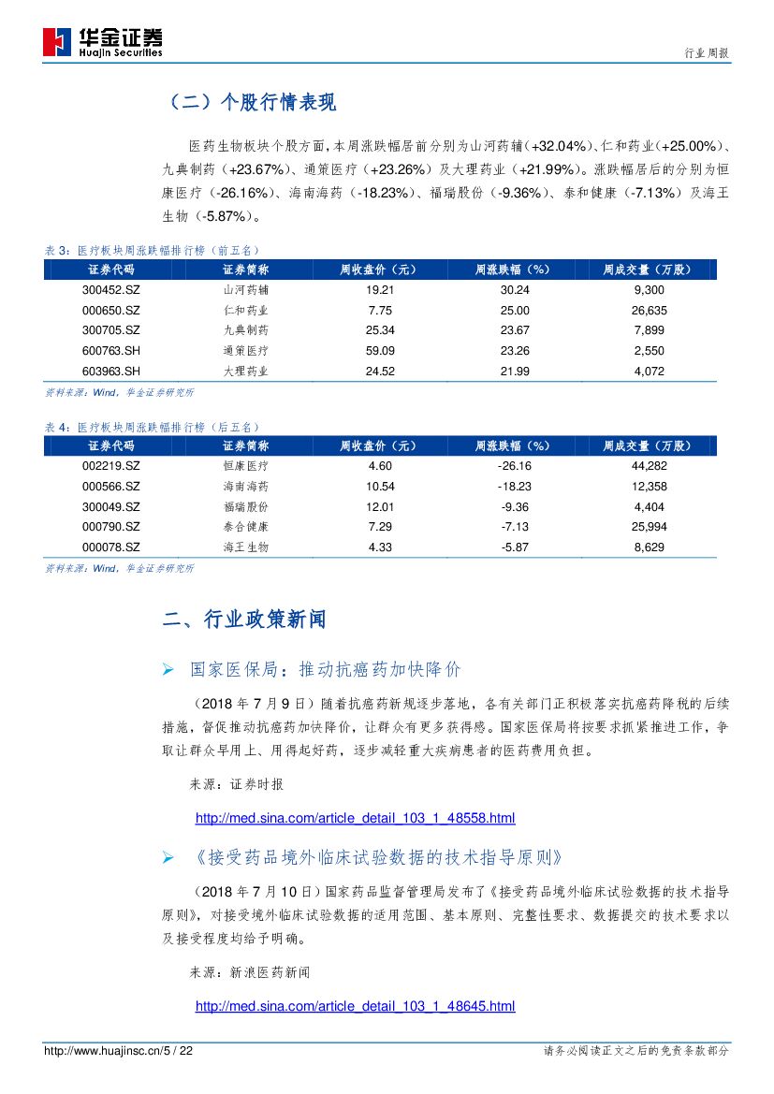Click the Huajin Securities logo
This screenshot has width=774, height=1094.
click(103, 42)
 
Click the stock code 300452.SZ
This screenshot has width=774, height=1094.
click(111, 290)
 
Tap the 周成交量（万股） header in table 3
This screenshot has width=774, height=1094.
click(648, 270)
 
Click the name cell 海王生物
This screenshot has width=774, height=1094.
click(246, 547)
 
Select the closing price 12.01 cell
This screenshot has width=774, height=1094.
click(381, 506)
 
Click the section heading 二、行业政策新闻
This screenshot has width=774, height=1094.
click(244, 620)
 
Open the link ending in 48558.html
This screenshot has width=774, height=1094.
click(355, 819)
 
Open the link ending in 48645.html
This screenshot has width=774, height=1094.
click(355, 1006)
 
